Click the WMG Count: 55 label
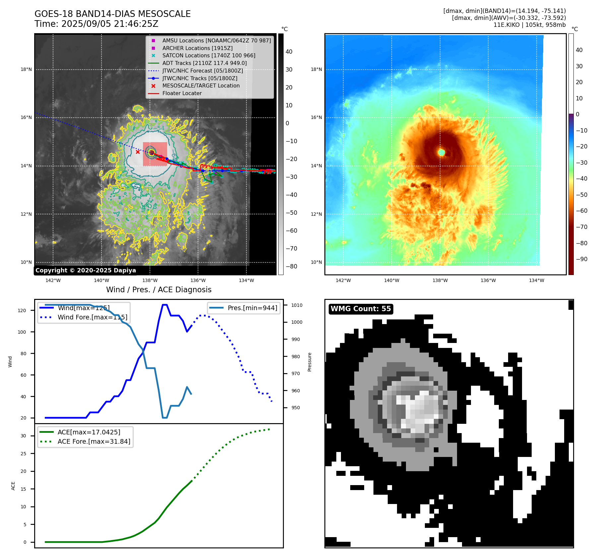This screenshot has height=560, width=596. pyautogui.click(x=361, y=309)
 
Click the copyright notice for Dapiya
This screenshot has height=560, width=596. pyautogui.click(x=86, y=270)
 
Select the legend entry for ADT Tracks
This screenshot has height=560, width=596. pyautogui.click(x=204, y=63)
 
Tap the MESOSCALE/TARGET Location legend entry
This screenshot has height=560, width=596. pyautogui.click(x=201, y=85)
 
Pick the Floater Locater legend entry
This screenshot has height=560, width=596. pyautogui.click(x=182, y=93)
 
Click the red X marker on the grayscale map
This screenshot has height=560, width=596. pyautogui.click(x=138, y=152)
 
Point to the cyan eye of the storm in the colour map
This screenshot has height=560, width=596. pyautogui.click(x=441, y=152)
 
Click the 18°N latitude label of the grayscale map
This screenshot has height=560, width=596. pyautogui.click(x=26, y=70)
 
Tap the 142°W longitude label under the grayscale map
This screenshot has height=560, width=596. pyautogui.click(x=53, y=280)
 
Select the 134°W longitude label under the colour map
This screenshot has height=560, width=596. pyautogui.click(x=536, y=280)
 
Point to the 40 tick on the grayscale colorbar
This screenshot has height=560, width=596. pyautogui.click(x=289, y=52)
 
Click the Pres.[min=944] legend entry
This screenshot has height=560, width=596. pyautogui.click(x=252, y=308)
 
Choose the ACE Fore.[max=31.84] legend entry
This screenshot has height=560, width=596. pyautogui.click(x=94, y=441)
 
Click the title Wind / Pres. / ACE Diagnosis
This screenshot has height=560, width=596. pyautogui.click(x=159, y=290)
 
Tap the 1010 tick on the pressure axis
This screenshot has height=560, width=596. pyautogui.click(x=297, y=305)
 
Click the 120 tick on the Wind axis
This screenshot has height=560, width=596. pyautogui.click(x=22, y=310)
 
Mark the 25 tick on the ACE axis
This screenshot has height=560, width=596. pyautogui.click(x=23, y=454)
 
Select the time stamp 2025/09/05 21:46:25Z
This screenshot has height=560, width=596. pyautogui.click(x=110, y=24)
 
